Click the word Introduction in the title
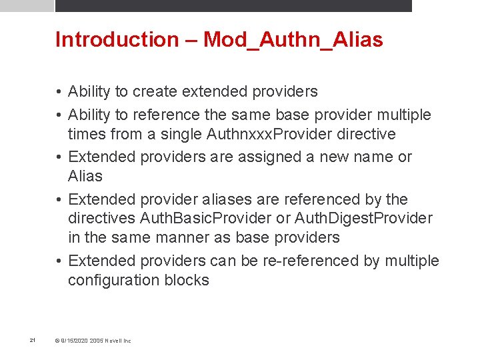tap(117, 40)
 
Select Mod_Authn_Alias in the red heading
tap(293, 40)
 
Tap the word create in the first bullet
tap(155, 91)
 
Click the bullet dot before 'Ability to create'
tap(59, 91)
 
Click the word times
tap(86, 134)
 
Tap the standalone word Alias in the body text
tap(85, 176)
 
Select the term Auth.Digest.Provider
tap(363, 218)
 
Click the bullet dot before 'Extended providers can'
tap(59, 260)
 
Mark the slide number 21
tap(32, 341)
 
